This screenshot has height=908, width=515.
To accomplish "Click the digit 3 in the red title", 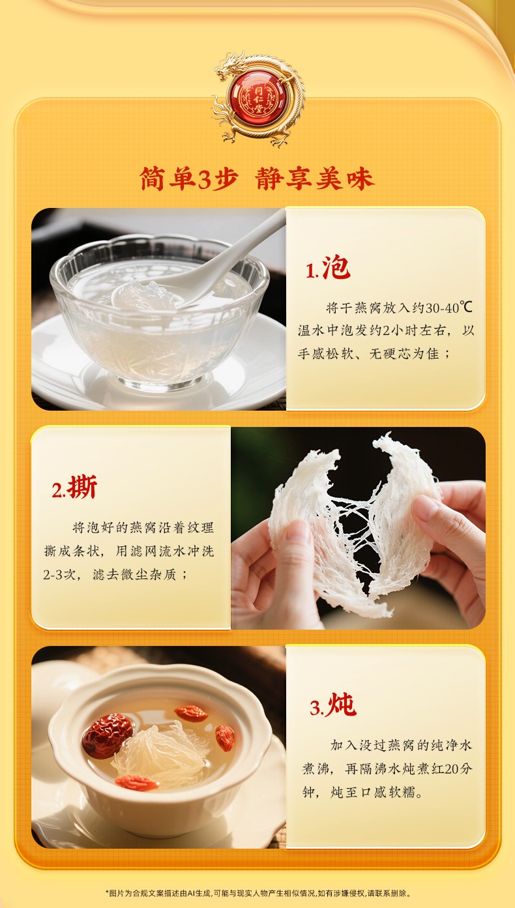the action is coord(205,179).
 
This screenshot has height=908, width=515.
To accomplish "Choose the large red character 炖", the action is coord(342,704).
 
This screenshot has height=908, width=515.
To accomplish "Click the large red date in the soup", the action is coord(107,735).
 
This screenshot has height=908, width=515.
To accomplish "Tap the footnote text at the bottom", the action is coord(258,894).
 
